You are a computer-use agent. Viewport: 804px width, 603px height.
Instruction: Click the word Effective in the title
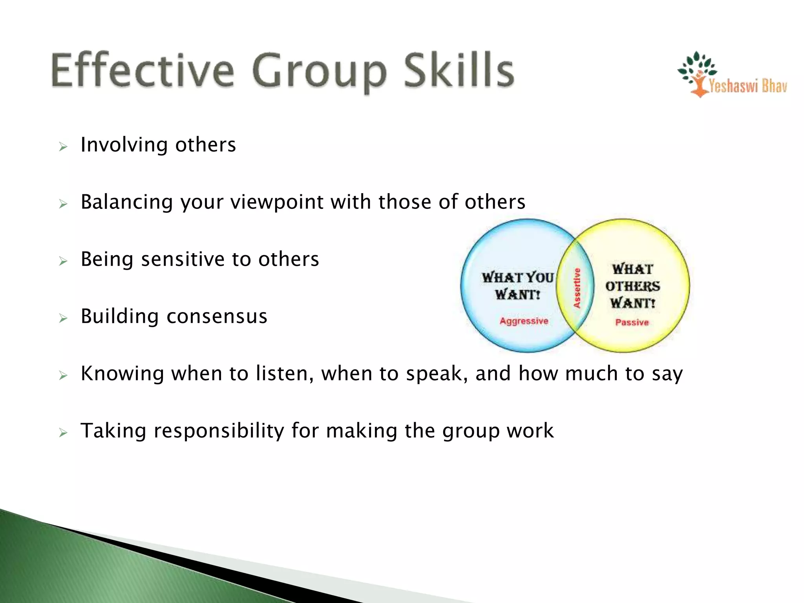coord(143,71)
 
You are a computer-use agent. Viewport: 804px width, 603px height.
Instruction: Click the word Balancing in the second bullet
coord(126,202)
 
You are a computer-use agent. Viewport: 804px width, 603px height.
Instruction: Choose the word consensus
coord(217,316)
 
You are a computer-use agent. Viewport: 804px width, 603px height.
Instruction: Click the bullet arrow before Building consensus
coord(63,318)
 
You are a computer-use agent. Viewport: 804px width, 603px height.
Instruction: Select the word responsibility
coord(219,431)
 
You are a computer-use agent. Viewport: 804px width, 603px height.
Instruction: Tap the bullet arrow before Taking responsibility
coord(63,433)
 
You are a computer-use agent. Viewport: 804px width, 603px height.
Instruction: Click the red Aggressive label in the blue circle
coord(524,321)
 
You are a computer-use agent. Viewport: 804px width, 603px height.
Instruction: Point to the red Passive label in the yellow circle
coord(632,322)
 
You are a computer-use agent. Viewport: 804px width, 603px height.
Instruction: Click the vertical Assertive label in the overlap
coord(577,288)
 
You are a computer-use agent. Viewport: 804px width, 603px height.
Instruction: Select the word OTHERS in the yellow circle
coord(632,286)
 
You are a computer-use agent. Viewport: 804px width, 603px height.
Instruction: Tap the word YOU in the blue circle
coord(539,278)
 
